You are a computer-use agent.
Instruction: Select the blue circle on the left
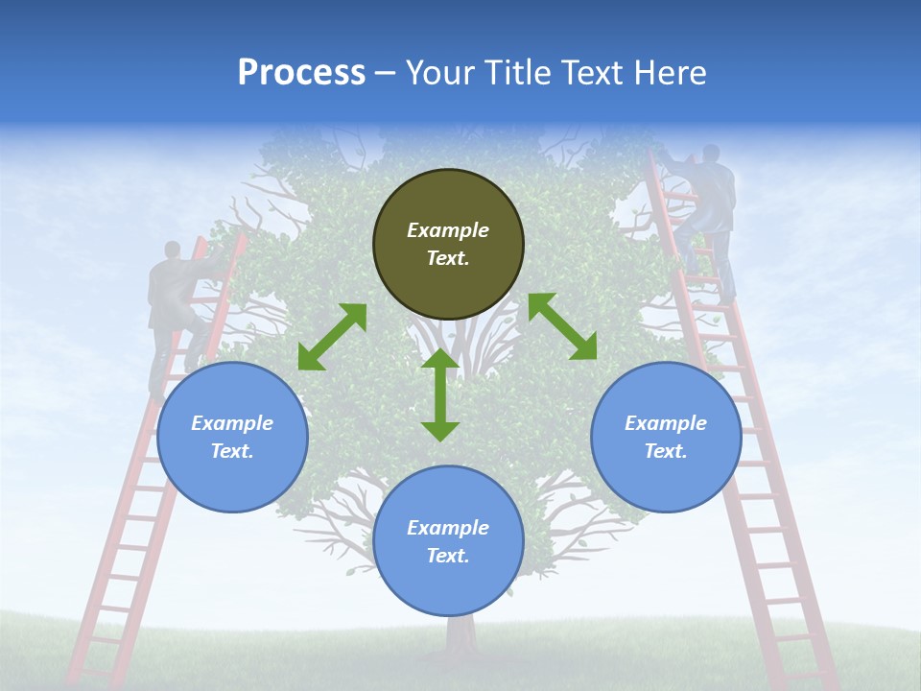point(232,437)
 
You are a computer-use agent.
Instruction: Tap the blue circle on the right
point(666,437)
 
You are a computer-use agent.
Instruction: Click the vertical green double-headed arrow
point(440,394)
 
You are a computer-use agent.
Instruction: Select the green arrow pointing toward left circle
point(332,337)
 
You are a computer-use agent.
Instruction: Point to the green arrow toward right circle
point(562,326)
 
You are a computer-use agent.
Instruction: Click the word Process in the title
point(301,72)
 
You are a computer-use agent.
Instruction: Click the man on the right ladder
point(708,216)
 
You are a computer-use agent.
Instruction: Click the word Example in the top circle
point(448,230)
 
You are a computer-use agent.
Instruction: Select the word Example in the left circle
point(232,423)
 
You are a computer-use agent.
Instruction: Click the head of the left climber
point(172,250)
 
